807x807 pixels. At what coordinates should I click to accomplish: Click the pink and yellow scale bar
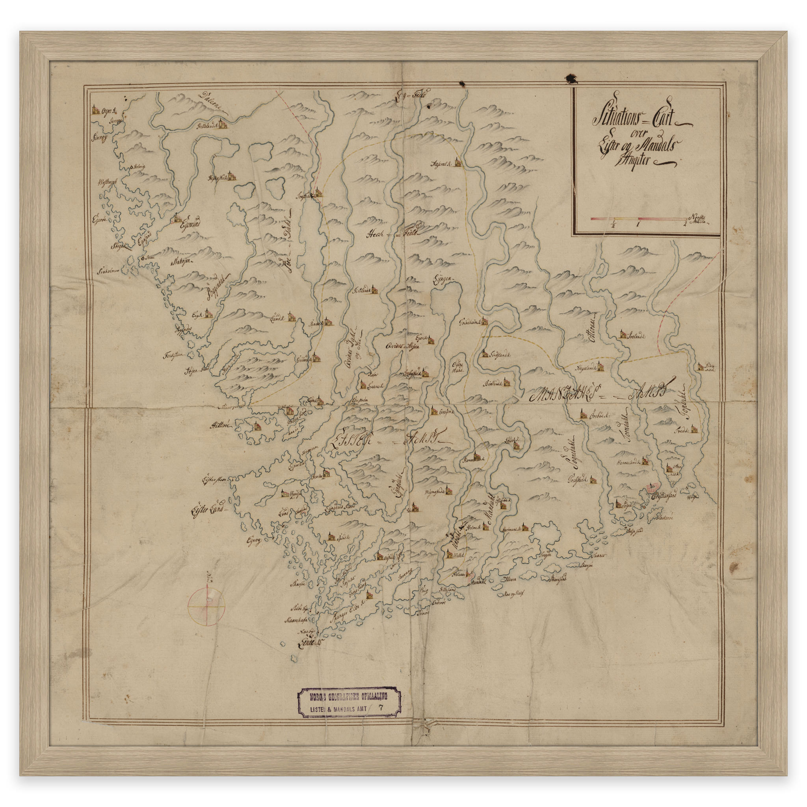click(x=638, y=218)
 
